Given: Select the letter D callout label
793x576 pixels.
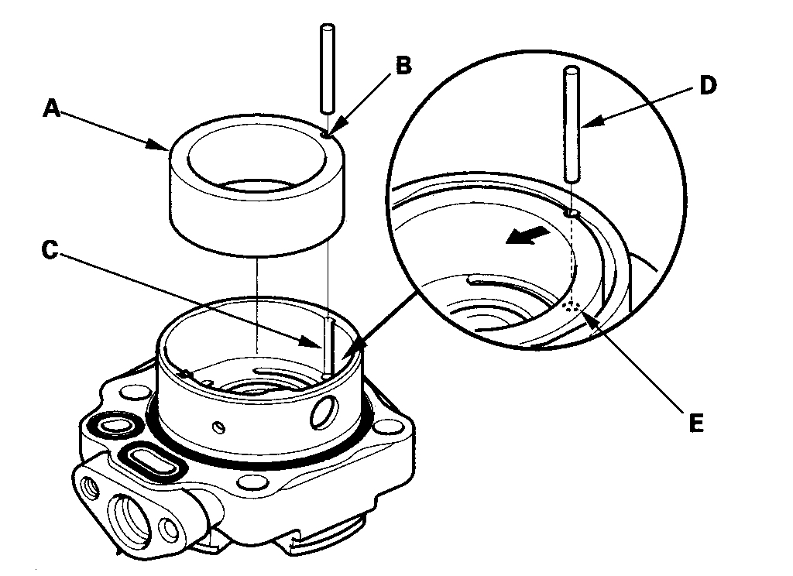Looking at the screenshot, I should click(x=705, y=85).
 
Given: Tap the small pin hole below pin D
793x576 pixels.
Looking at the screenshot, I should click(x=573, y=211).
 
